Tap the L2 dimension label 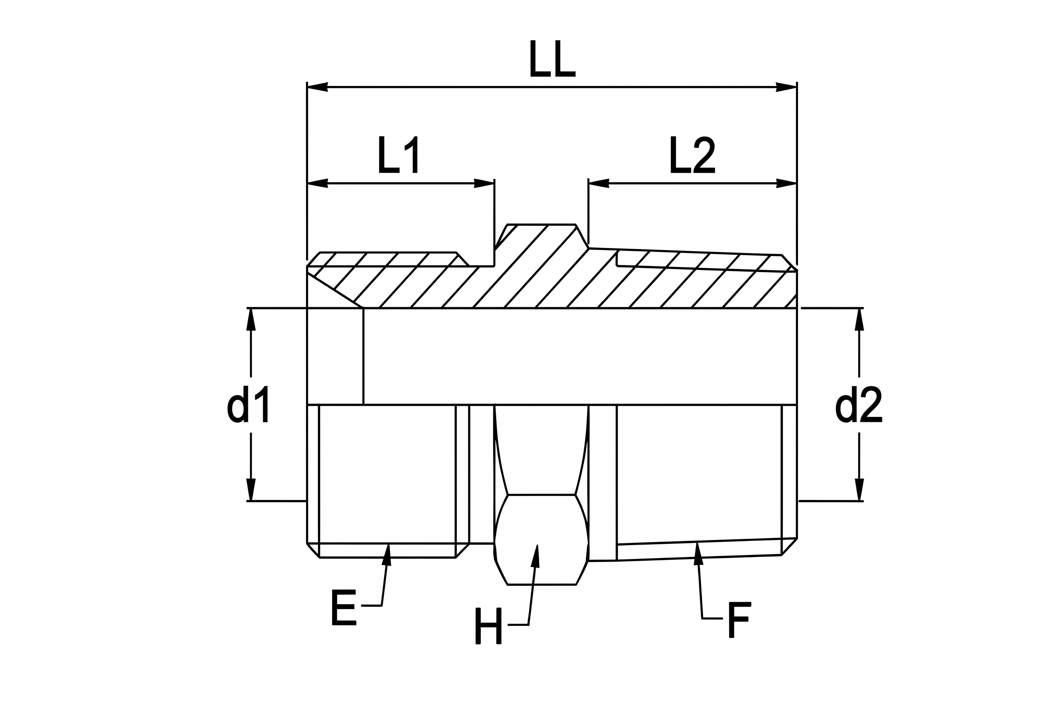click(692, 155)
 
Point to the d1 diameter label click(248, 404)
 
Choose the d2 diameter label click(859, 404)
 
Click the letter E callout click(344, 607)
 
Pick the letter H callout click(488, 626)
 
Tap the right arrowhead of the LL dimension click(786, 87)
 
